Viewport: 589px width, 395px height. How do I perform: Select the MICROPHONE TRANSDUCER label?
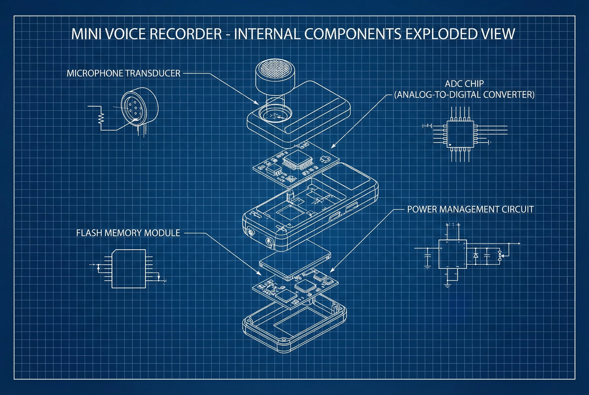coord(123,73)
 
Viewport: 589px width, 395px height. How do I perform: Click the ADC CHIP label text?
coord(464,84)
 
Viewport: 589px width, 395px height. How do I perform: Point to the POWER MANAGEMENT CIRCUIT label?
coord(470,209)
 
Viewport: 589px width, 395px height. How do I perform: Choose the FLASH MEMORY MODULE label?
coord(128,233)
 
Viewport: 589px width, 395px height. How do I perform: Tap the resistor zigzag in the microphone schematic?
coord(101,118)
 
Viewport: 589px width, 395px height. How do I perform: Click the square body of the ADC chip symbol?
coord(460,134)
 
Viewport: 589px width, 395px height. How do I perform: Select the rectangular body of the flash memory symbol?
coord(129,269)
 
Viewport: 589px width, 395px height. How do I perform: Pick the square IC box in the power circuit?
coord(452,254)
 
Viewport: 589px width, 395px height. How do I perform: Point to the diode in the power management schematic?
coord(476,255)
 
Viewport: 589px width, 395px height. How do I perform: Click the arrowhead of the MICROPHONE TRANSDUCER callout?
coord(257,103)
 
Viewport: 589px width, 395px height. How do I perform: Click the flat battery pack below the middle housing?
coord(295,262)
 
